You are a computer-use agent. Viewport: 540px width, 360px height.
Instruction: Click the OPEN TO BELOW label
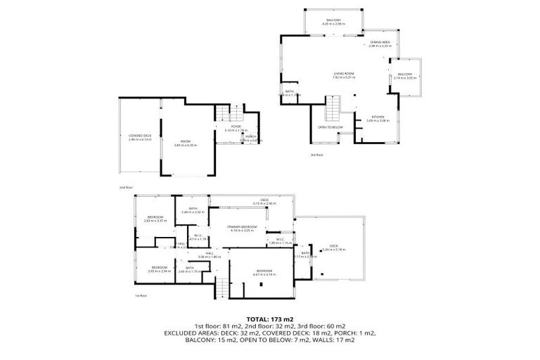click(x=330, y=127)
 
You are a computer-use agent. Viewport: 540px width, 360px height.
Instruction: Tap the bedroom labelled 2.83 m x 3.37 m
click(x=155, y=219)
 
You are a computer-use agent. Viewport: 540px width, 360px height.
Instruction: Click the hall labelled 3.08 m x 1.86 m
click(x=210, y=255)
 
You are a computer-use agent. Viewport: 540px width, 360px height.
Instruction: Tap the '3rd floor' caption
click(x=316, y=154)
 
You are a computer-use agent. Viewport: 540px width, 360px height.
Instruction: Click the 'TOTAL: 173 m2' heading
click(x=269, y=319)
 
